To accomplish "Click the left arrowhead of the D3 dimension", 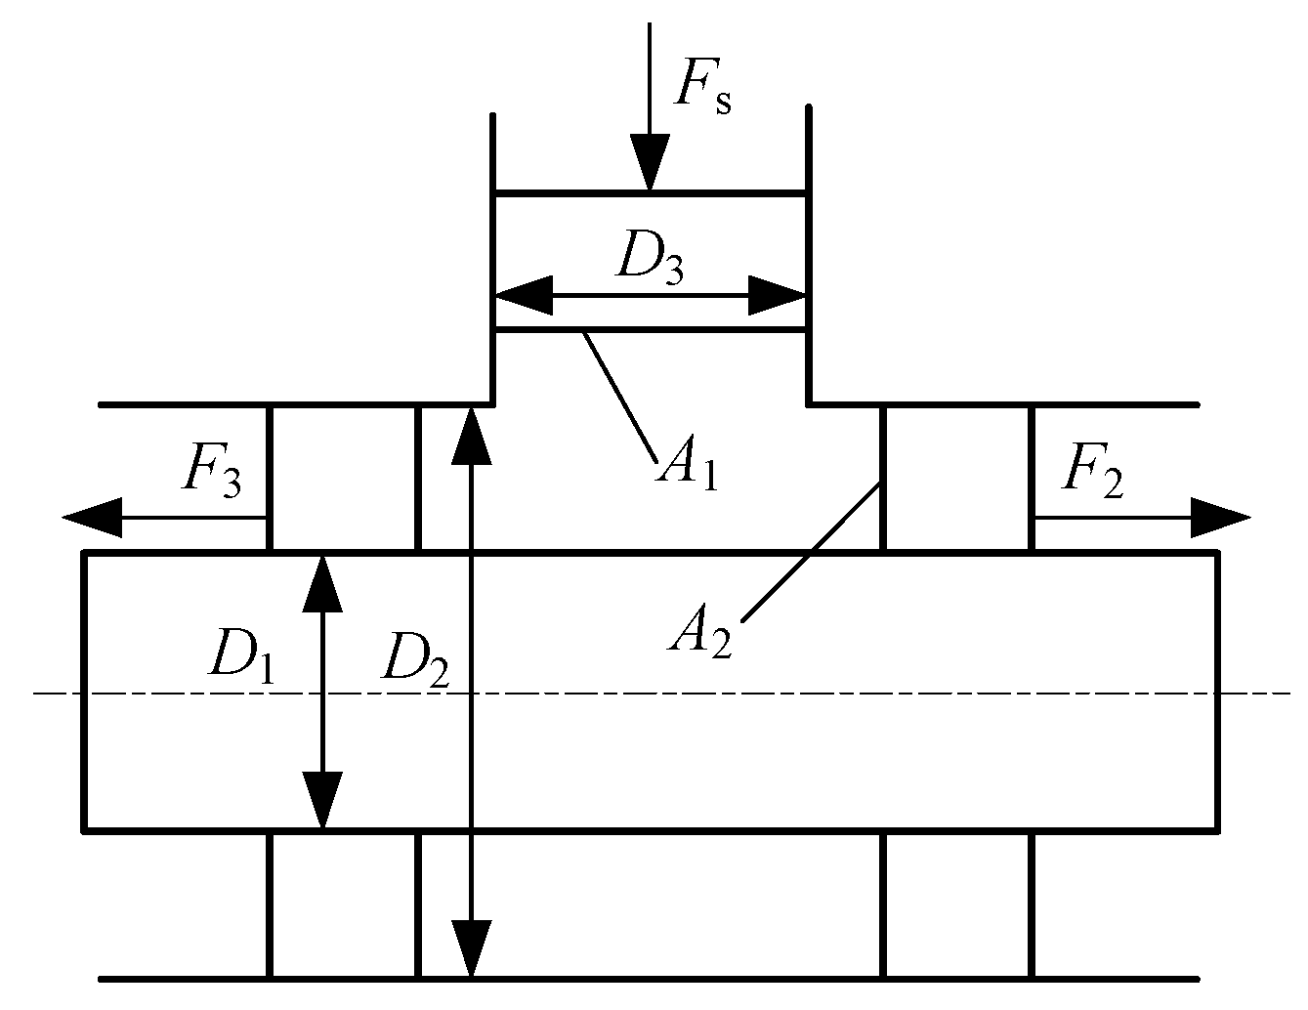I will [x=523, y=295].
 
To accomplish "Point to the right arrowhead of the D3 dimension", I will [x=778, y=295].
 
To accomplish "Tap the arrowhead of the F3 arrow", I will [x=93, y=518].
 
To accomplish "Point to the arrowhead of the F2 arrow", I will [x=1221, y=518].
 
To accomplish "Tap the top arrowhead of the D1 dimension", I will [x=322, y=582].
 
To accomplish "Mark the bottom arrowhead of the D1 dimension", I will [x=322, y=801].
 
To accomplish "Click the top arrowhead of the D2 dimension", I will [x=472, y=435].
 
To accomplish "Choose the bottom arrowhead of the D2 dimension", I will [x=472, y=947].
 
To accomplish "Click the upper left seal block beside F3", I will [x=343, y=479].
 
